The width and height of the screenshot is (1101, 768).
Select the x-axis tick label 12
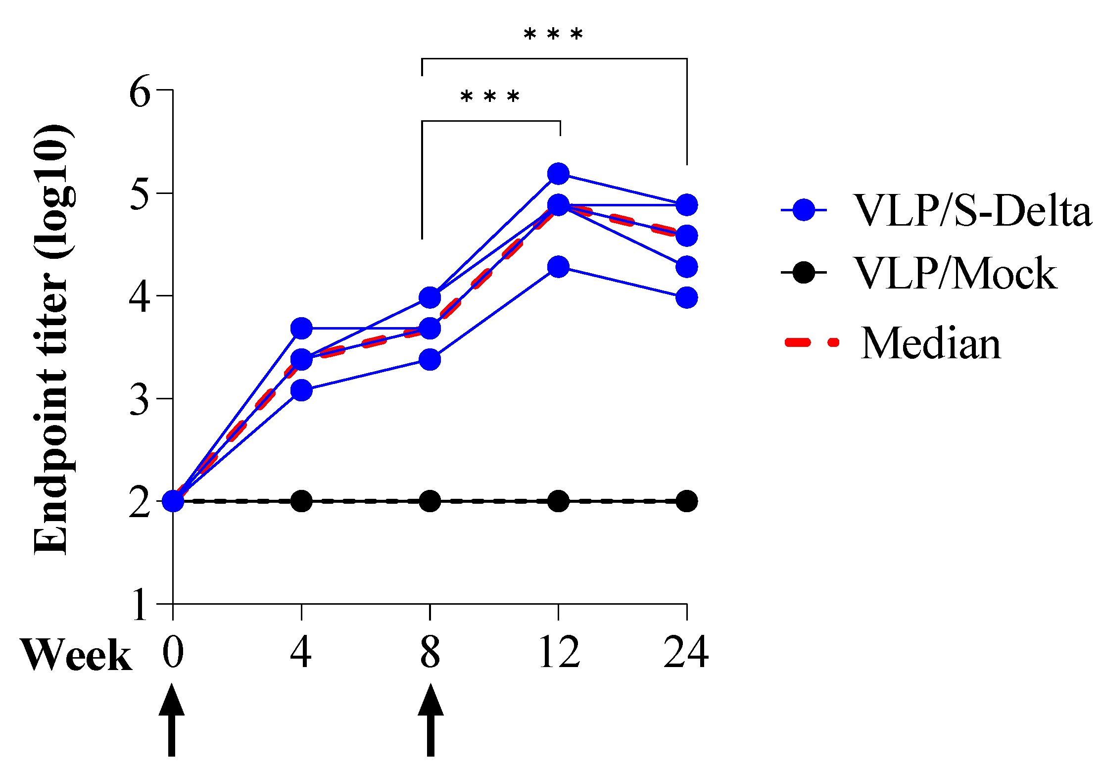pyautogui.click(x=559, y=652)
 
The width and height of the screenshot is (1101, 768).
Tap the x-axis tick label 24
pyautogui.click(x=686, y=652)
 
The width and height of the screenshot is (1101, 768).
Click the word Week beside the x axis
pyautogui.click(x=76, y=655)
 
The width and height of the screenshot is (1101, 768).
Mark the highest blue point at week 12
pyautogui.click(x=559, y=174)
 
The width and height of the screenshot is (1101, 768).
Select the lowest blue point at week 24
pyautogui.click(x=686, y=298)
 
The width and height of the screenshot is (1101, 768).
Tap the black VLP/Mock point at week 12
pyautogui.click(x=559, y=501)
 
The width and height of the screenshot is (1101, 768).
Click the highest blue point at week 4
pyautogui.click(x=301, y=328)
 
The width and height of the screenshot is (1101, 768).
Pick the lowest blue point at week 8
pyautogui.click(x=430, y=359)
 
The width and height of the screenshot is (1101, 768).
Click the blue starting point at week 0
pyautogui.click(x=173, y=501)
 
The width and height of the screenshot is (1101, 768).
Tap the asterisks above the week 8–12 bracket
pyautogui.click(x=490, y=97)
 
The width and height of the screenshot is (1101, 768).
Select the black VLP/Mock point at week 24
pyautogui.click(x=686, y=501)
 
